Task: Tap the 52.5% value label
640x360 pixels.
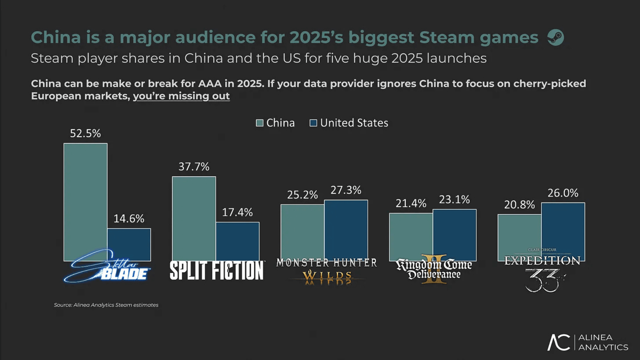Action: [x=85, y=133]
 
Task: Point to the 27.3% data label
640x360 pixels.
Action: [x=346, y=190]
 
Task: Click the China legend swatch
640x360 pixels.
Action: [x=259, y=123]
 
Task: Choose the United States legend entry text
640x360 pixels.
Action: [x=354, y=123]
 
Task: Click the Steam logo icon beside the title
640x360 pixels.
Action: [x=555, y=37]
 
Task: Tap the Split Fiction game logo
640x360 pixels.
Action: [x=217, y=270]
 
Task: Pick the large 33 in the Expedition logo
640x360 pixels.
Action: [x=543, y=281]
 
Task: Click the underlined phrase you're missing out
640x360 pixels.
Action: [x=181, y=96]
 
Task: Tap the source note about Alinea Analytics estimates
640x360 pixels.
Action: [x=106, y=305]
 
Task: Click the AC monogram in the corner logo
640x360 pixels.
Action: [x=559, y=342]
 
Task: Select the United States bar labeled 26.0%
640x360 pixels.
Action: [x=563, y=230]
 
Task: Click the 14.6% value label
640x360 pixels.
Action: [x=129, y=219]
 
